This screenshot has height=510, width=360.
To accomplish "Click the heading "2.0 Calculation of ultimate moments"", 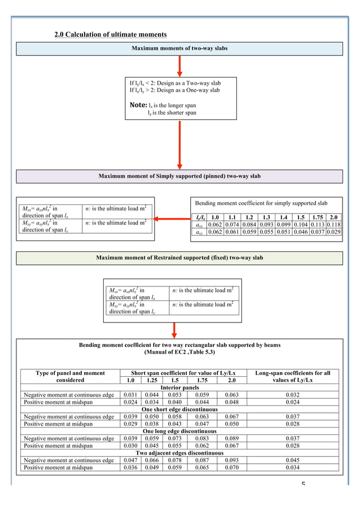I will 110,35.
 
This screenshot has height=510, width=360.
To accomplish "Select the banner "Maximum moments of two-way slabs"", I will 179,49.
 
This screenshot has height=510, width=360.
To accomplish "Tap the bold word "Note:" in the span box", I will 138,104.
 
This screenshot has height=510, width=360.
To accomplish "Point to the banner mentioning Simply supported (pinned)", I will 179,176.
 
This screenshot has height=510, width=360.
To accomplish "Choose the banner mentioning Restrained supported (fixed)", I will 179,258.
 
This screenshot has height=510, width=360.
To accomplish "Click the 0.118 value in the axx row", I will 333,224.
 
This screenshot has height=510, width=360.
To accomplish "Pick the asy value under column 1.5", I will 301,232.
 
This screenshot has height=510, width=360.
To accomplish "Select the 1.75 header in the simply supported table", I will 317,217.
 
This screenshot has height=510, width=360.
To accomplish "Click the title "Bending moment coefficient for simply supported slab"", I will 261,202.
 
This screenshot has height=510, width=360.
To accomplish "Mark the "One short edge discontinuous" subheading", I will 179,409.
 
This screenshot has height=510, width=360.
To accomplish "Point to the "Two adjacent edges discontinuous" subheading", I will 179,453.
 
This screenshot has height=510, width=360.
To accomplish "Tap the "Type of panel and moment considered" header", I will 70,376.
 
